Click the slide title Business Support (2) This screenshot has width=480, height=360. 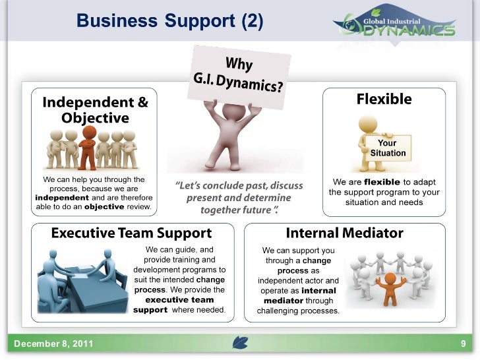170,21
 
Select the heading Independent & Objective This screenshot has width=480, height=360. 95,109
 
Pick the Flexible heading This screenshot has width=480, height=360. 384,100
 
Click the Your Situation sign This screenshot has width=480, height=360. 387,148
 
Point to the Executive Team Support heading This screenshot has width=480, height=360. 131,233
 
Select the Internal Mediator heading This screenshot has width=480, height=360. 344,233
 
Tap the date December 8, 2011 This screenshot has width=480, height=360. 53,344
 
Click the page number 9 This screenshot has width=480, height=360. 463,344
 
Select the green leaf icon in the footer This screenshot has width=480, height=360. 239,344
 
